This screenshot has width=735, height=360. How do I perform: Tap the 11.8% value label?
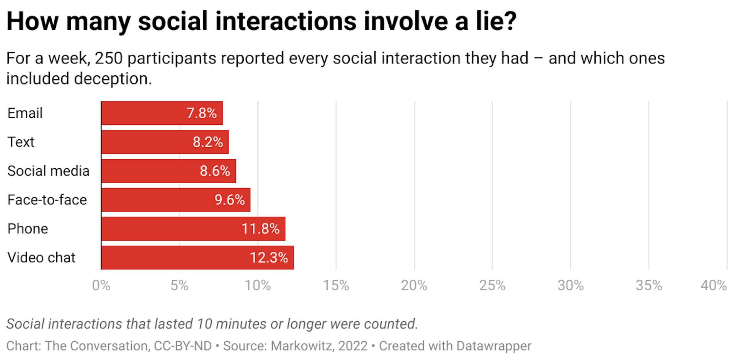pos(260,229)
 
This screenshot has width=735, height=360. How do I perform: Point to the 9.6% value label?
pos(229,200)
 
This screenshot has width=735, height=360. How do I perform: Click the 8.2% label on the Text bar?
pos(207,142)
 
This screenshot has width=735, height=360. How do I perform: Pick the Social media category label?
pos(48,171)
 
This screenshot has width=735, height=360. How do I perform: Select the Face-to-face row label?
pos(47,200)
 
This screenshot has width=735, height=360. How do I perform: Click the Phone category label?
pos(28,229)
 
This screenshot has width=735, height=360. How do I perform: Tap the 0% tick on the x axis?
pos(101,285)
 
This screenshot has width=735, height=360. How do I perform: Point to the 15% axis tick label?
pos(336,285)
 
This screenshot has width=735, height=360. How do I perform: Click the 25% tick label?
pos(492,285)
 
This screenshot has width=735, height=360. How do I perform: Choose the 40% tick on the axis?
pos(713,285)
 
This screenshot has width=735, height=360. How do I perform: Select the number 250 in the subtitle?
pos(109,58)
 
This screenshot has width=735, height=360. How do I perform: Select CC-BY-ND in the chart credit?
pos(183,346)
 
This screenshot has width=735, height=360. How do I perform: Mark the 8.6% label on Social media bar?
pos(215,171)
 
